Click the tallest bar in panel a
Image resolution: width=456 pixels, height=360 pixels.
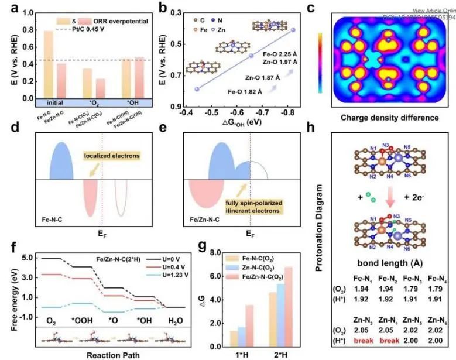pos(49,64)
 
